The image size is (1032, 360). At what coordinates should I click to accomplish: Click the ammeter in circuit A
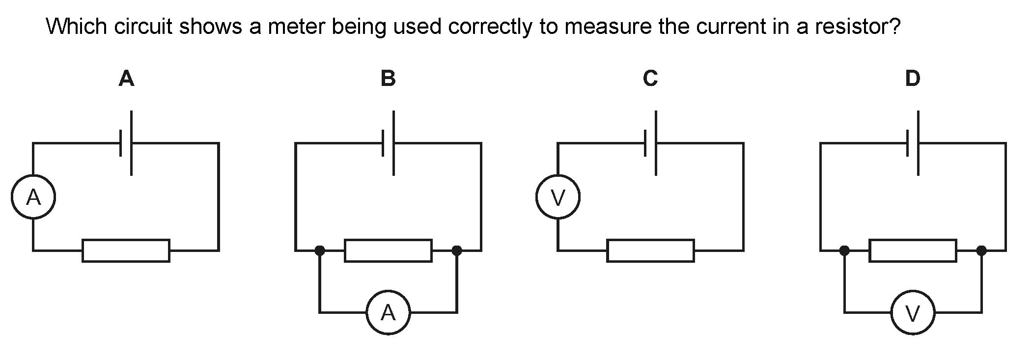(x=33, y=197)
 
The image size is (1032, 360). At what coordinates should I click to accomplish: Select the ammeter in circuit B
(x=388, y=312)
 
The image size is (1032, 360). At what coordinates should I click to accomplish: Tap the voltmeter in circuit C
(x=558, y=197)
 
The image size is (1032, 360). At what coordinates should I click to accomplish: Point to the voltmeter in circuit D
(x=913, y=312)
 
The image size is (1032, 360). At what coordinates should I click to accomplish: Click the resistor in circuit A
(x=126, y=250)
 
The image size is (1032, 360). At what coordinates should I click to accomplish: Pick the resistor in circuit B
(x=388, y=250)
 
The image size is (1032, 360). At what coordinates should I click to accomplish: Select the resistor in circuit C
(x=650, y=250)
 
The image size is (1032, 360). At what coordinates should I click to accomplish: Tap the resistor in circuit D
(x=913, y=250)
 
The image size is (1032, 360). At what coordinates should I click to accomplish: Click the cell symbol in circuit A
(x=126, y=143)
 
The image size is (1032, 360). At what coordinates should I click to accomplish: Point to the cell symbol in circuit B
(x=389, y=143)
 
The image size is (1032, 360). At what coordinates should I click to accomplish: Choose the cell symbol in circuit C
(x=651, y=143)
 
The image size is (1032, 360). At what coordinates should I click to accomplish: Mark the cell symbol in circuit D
(x=913, y=143)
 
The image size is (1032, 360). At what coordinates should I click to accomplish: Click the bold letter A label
(x=126, y=79)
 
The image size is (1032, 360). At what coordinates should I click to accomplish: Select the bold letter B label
(x=388, y=79)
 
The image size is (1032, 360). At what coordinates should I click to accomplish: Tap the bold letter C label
(x=650, y=79)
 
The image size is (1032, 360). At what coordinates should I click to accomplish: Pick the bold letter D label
(x=913, y=79)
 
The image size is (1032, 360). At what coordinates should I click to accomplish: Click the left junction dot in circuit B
(x=320, y=250)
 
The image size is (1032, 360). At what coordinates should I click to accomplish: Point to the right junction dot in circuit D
(x=981, y=250)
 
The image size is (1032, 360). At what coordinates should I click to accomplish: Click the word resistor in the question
(x=857, y=26)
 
